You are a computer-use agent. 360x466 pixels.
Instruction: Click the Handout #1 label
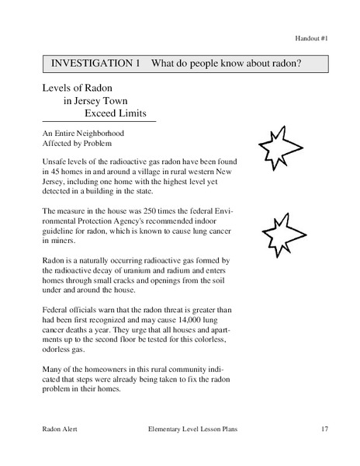312,37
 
